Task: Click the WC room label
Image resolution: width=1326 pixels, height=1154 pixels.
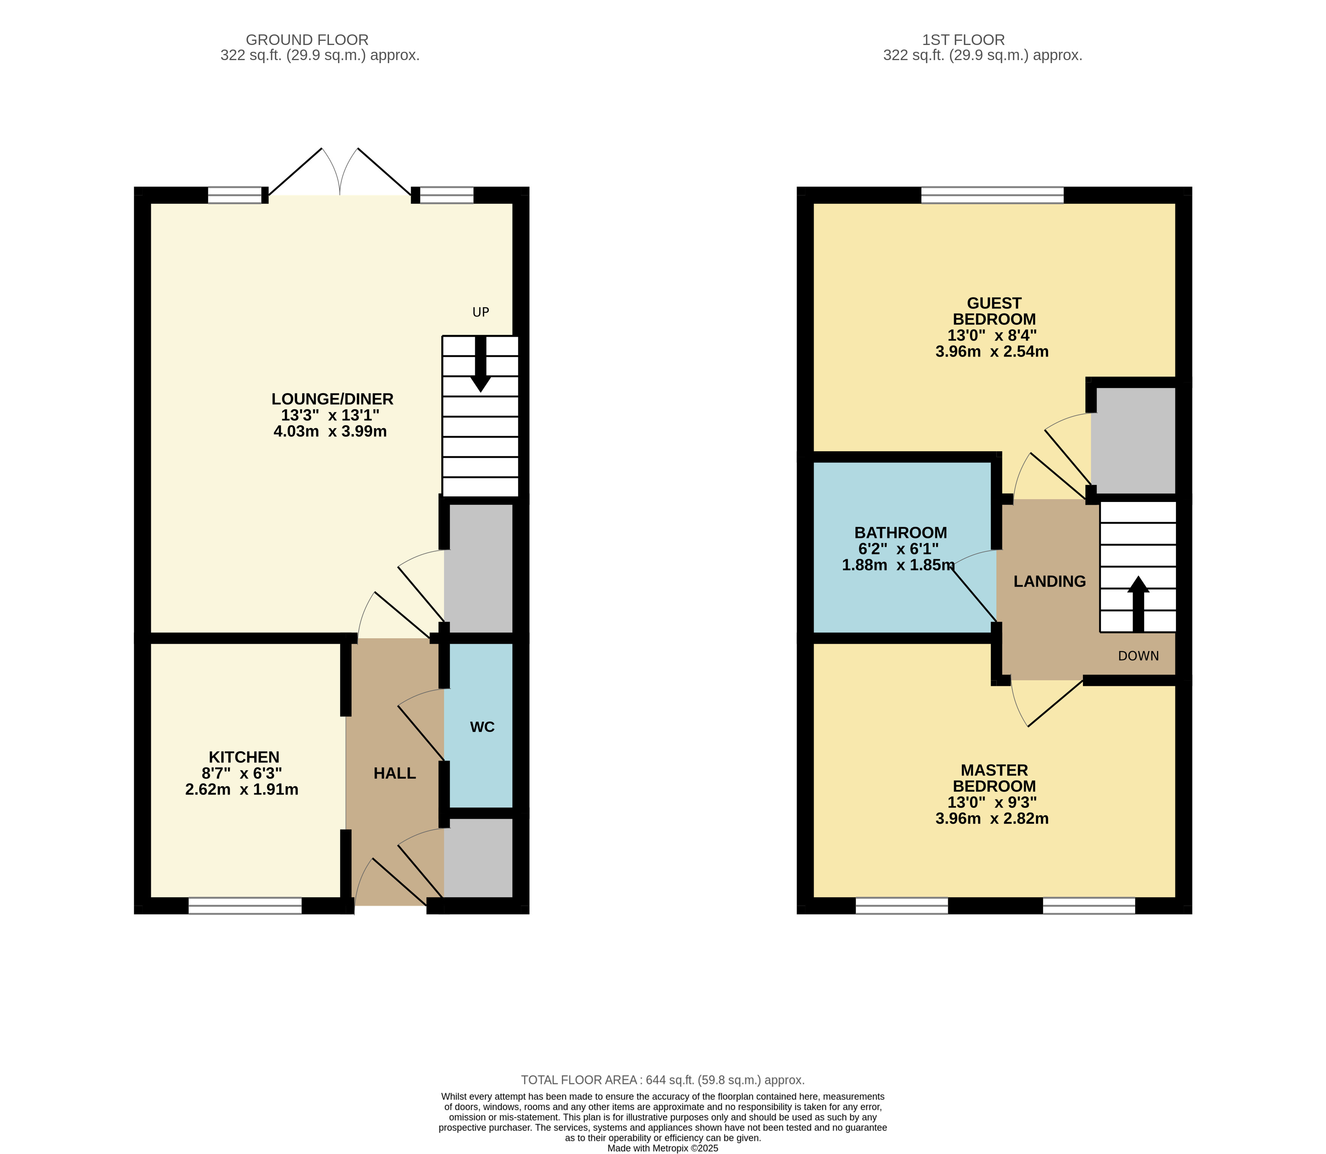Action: (x=482, y=727)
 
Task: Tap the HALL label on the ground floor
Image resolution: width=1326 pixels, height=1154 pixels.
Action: (x=395, y=773)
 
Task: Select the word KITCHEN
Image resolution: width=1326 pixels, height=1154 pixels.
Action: (x=244, y=757)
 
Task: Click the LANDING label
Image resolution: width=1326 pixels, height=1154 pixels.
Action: (x=1050, y=581)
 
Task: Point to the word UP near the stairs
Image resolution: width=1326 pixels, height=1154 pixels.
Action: (x=481, y=312)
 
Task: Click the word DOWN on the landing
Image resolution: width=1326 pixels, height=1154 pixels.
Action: (x=1138, y=656)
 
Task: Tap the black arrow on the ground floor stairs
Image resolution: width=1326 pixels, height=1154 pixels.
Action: (x=481, y=364)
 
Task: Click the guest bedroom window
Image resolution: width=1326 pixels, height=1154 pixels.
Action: (x=993, y=195)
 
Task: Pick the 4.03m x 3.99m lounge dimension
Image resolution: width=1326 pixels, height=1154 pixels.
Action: (x=330, y=431)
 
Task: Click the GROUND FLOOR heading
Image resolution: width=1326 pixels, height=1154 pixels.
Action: (x=307, y=40)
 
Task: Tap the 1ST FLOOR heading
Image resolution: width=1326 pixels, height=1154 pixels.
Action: (x=963, y=40)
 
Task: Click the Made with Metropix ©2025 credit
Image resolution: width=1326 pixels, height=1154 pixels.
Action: (x=663, y=1148)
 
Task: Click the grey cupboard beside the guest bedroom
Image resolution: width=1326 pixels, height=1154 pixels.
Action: (x=1134, y=440)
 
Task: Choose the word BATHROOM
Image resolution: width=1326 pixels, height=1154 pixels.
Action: (x=900, y=533)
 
